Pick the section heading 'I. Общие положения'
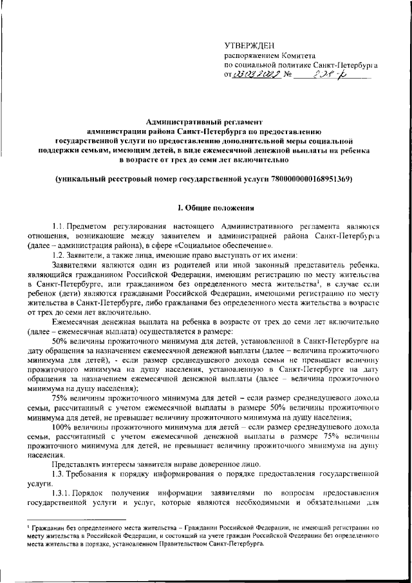(x=205, y=207)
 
